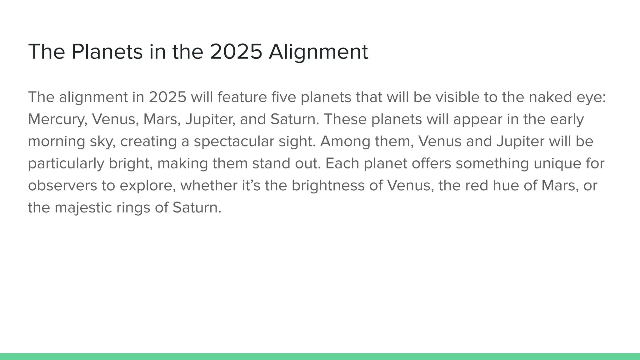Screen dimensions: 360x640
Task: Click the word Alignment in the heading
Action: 318,52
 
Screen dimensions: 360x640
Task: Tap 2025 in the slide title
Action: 236,52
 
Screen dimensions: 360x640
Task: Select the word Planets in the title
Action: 107,52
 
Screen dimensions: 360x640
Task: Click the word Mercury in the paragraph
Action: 57,119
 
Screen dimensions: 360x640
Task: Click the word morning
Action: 57,142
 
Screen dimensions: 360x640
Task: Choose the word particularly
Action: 66,164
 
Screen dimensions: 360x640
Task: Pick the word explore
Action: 146,186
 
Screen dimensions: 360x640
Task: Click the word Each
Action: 342,164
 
